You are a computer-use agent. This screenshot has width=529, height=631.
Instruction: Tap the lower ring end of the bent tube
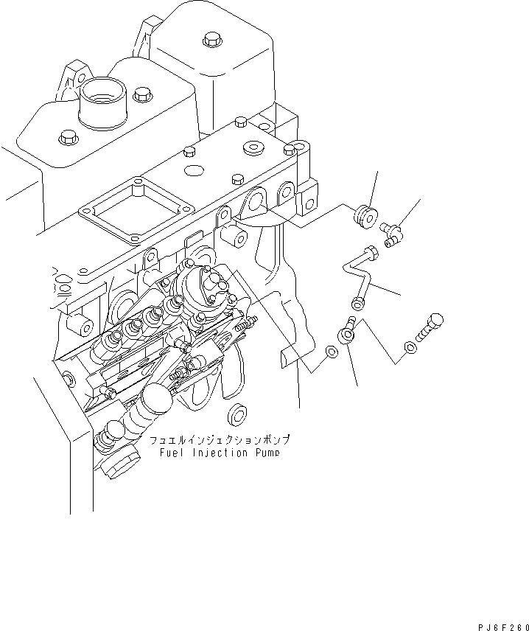[x=358, y=303]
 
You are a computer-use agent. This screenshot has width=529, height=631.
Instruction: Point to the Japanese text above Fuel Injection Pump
[x=214, y=441]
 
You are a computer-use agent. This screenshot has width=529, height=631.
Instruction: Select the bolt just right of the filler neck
[x=141, y=94]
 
